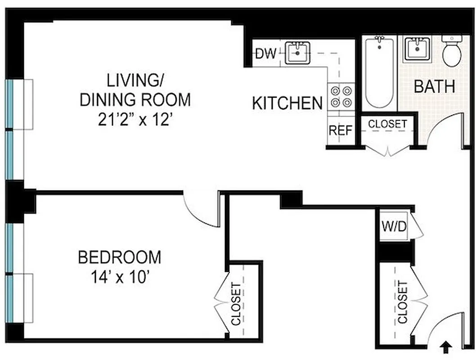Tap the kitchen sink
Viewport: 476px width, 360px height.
click(297, 53)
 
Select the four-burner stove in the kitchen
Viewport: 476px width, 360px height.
click(341, 97)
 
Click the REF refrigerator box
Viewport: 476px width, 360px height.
click(340, 130)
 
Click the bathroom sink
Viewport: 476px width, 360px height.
click(418, 49)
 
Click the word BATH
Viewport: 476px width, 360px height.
click(434, 86)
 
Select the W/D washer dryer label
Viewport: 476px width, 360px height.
click(394, 225)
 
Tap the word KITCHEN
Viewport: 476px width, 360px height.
click(287, 103)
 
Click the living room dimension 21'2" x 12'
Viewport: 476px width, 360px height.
click(135, 120)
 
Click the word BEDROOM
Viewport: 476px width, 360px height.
click(119, 258)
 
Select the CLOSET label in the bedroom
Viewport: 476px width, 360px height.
click(236, 303)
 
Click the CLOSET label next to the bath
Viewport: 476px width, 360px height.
click(387, 124)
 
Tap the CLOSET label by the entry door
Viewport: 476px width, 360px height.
click(402, 302)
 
